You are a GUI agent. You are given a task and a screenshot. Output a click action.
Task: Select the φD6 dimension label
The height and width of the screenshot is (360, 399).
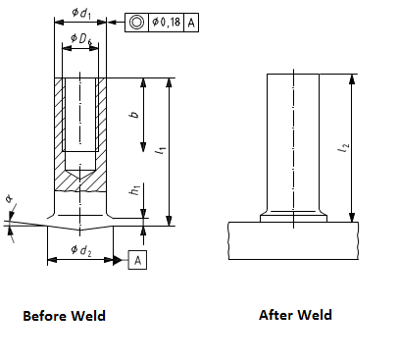[x=80, y=39]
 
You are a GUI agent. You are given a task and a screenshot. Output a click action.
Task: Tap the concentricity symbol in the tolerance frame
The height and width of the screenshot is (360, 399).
[x=136, y=21]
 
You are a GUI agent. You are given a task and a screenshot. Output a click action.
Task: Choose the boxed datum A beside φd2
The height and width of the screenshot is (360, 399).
[x=138, y=260]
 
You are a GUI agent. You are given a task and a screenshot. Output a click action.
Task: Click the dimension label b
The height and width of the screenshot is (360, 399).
[x=134, y=114]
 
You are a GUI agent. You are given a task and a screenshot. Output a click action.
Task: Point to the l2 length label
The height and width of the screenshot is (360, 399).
[x=342, y=149]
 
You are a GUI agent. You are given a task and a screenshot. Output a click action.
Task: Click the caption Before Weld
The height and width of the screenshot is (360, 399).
[x=64, y=316]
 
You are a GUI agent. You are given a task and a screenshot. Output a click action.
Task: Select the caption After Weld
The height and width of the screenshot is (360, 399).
[x=295, y=315]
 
